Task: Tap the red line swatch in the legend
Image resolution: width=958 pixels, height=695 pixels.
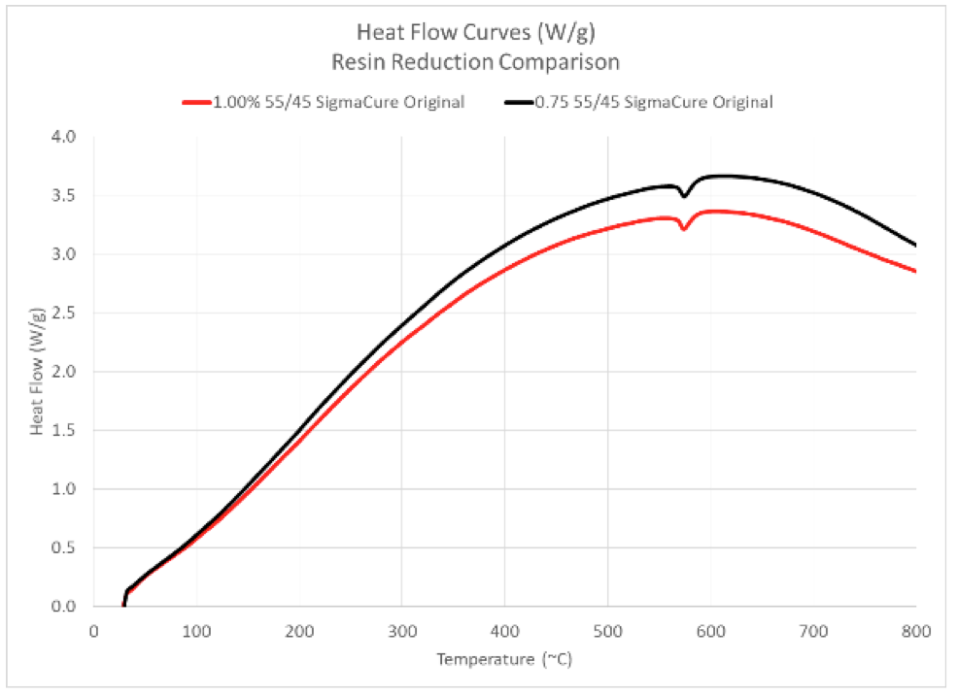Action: (x=196, y=101)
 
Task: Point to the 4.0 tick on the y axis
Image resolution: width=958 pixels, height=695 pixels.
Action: (x=63, y=137)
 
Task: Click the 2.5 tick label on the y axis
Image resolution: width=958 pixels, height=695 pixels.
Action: (x=63, y=313)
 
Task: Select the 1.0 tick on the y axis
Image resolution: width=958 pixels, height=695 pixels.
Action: (x=63, y=489)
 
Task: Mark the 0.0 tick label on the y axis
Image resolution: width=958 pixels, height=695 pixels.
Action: (x=63, y=607)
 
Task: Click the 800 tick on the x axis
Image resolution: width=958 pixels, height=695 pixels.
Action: (x=915, y=631)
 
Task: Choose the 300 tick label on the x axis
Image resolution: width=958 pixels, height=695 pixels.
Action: (x=402, y=631)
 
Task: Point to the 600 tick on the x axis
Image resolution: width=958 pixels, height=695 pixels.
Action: (x=710, y=631)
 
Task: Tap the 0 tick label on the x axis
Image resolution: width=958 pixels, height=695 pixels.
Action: (x=94, y=631)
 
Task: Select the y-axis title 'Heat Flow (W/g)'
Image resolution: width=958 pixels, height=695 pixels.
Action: (x=37, y=372)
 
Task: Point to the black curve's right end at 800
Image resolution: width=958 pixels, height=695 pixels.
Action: (x=914, y=245)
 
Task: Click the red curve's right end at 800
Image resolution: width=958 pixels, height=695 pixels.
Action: (x=914, y=271)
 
